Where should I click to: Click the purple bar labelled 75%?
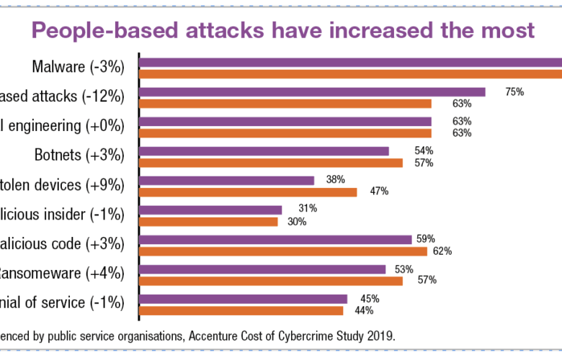click(311, 91)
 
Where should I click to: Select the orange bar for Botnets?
click(270, 163)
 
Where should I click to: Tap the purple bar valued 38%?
click(226, 180)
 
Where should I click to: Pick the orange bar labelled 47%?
click(247, 192)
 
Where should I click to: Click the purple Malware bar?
click(350, 62)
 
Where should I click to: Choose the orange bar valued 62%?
click(282, 251)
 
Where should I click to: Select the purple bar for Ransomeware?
click(262, 269)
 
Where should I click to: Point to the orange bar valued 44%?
click(241, 310)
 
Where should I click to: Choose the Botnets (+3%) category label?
click(80, 155)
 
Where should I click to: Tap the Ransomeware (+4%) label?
click(63, 274)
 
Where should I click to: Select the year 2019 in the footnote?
click(380, 336)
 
